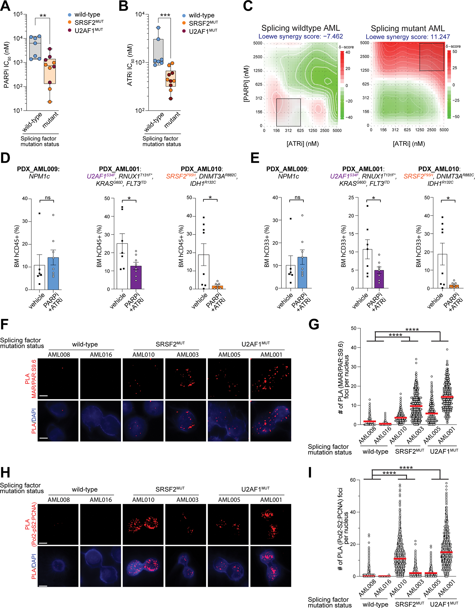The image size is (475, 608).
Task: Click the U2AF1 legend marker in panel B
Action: [184, 31]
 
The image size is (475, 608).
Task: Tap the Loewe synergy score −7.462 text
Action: [301, 36]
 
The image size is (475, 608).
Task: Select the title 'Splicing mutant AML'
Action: [408, 28]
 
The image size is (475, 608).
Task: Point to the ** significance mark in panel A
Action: [43, 16]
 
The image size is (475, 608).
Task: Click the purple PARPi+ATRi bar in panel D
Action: [136, 277]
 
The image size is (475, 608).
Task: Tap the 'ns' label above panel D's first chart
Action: [48, 198]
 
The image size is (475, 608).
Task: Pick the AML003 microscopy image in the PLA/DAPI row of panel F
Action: [186, 421]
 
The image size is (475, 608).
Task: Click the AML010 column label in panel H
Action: [143, 500]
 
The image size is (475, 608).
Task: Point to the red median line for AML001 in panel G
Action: [447, 397]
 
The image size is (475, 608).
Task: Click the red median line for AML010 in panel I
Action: [400, 559]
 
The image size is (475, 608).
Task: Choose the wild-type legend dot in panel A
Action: [69, 15]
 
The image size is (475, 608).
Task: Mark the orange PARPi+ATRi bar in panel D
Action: [218, 287]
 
